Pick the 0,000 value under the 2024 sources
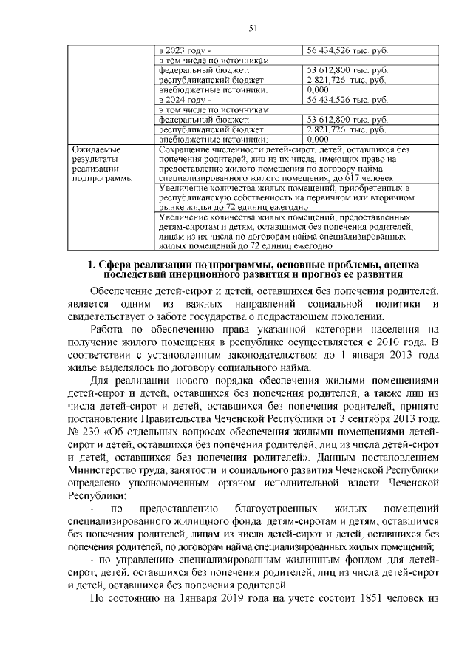point(317,137)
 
